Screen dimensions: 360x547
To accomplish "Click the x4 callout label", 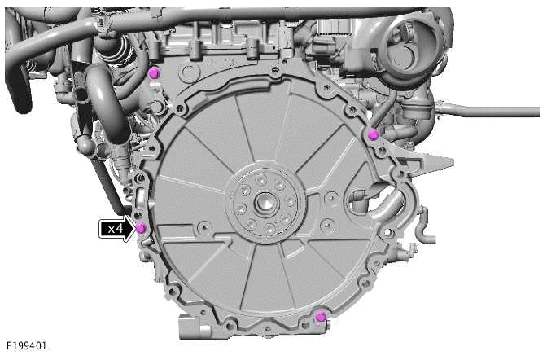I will click(x=115, y=229).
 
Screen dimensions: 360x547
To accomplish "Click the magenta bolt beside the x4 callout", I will click(x=141, y=227).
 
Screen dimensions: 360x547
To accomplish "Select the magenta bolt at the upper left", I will click(x=154, y=74).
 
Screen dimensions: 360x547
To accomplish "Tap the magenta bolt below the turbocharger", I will click(x=373, y=134).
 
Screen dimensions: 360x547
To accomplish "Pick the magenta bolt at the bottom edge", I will click(x=322, y=316).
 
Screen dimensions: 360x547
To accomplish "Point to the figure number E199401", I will click(x=25, y=346).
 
